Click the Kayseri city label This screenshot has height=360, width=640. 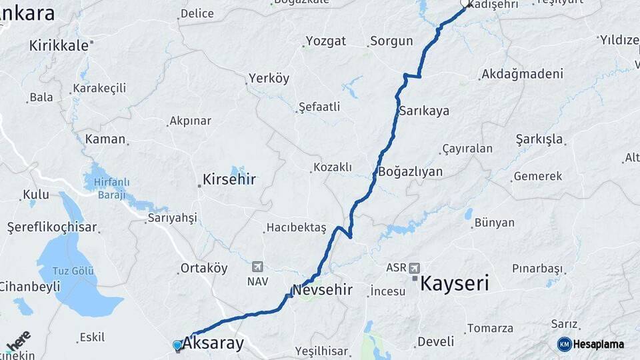(x=455, y=283)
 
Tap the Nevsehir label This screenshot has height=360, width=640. (x=322, y=290)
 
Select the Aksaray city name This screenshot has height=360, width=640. (x=213, y=344)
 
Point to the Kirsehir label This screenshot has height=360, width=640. (x=230, y=179)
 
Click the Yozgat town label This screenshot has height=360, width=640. (x=326, y=41)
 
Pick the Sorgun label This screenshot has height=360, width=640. (x=391, y=41)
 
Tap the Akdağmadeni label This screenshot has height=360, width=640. (x=522, y=73)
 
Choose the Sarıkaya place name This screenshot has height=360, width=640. (x=424, y=111)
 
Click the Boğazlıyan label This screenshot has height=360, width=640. (x=410, y=171)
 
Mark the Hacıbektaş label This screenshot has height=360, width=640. (x=296, y=228)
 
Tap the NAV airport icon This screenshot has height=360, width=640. (x=258, y=267)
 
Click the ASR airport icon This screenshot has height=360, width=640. (x=415, y=267)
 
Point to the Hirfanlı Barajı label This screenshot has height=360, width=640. (x=111, y=188)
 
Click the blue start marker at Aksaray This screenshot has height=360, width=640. (x=177, y=345)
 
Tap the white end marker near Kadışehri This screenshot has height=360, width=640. (x=465, y=3)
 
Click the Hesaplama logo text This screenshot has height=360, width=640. (x=598, y=344)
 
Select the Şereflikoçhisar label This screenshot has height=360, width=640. (x=52, y=227)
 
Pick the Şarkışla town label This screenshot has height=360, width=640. (x=539, y=139)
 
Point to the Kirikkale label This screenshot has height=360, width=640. (x=59, y=45)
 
